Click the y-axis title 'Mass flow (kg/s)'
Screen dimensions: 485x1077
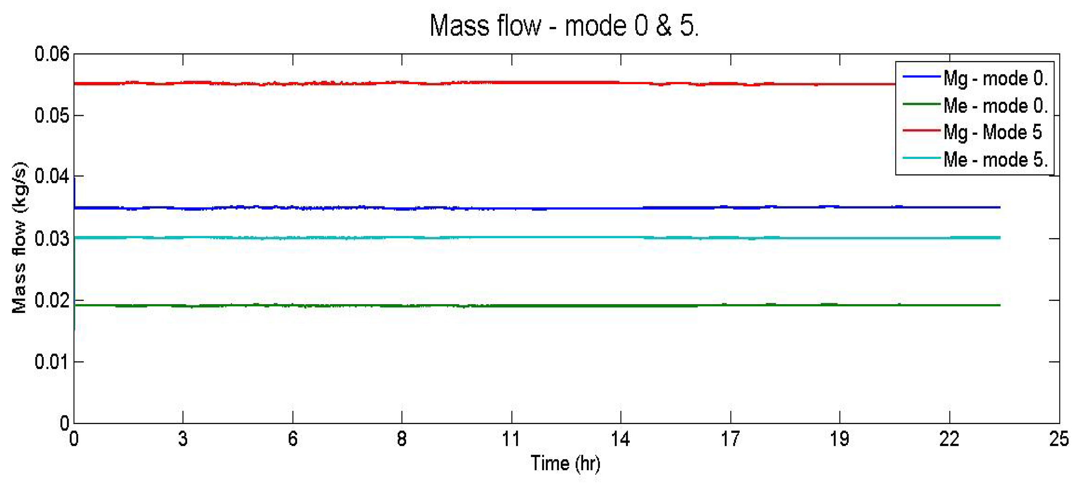click(x=19, y=237)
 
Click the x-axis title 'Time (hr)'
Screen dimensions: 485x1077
click(x=565, y=463)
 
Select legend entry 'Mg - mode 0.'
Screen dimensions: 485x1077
click(x=995, y=78)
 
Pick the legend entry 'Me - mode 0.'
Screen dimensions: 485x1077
click(x=995, y=106)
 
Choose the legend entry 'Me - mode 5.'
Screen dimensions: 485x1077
click(x=995, y=160)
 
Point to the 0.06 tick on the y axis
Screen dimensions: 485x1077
click(x=52, y=54)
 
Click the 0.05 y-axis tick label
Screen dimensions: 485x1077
click(x=52, y=116)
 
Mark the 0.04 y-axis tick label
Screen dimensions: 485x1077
click(x=52, y=176)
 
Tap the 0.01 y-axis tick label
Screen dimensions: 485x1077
click(x=52, y=362)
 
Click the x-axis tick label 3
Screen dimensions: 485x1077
click(x=183, y=439)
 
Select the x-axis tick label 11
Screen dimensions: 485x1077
click(x=511, y=439)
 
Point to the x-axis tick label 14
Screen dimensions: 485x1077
click(x=620, y=439)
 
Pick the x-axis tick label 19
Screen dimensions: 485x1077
click(x=840, y=439)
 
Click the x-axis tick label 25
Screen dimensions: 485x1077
click(x=1058, y=439)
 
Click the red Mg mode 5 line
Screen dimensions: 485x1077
click(x=502, y=83)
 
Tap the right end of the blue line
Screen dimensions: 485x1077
click(x=999, y=207)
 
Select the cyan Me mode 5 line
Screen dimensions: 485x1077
click(x=502, y=237)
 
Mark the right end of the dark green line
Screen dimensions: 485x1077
click(x=999, y=305)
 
